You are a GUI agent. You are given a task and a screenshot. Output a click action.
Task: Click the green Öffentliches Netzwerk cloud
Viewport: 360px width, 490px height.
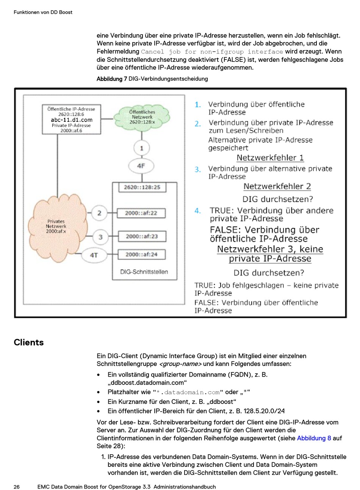pos(142,118)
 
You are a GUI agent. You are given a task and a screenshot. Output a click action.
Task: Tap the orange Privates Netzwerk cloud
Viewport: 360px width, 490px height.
pos(57,228)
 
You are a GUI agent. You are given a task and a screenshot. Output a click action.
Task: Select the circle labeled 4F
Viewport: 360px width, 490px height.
pos(141,166)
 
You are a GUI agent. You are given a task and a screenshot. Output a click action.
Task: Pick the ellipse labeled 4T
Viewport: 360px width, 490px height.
pos(94,255)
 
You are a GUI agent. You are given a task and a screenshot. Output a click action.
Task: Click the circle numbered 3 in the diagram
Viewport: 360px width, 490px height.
pos(100,237)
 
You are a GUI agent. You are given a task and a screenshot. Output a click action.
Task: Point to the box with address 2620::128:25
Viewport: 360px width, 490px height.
pos(142,187)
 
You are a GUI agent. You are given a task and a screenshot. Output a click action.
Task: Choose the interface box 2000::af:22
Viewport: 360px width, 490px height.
pos(141,213)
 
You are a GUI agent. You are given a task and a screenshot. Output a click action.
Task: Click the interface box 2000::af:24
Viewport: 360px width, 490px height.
pos(142,254)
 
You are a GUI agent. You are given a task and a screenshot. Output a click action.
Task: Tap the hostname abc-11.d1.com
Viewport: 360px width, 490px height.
pos(72,120)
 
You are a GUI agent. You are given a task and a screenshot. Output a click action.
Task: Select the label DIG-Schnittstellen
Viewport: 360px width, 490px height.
pos(144,272)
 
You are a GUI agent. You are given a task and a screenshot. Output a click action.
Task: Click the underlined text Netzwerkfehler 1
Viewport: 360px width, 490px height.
pos(270,158)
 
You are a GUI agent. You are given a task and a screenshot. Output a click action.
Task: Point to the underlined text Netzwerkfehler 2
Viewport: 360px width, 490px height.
pos(277,186)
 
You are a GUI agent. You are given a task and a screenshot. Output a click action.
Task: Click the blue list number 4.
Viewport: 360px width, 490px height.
pos(197,211)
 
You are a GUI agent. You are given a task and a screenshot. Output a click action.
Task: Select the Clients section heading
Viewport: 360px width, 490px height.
pos(29,342)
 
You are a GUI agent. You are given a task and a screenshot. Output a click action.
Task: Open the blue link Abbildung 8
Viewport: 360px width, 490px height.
pos(314,438)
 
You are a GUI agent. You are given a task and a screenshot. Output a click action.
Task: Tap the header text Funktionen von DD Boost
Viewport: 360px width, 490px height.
pos(43,12)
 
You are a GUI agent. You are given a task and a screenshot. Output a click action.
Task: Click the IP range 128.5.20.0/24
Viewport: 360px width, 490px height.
pos(264,411)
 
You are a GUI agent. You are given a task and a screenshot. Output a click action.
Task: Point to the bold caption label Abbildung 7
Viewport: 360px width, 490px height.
pos(112,79)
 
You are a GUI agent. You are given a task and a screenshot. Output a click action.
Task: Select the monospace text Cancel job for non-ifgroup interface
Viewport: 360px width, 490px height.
pos(212,52)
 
